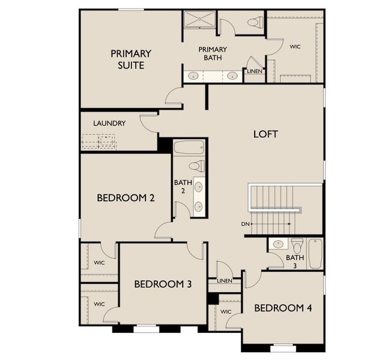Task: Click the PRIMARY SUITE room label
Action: [x=131, y=59]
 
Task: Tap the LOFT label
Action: [x=265, y=134]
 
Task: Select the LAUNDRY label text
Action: [x=109, y=124]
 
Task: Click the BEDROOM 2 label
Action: [x=126, y=197]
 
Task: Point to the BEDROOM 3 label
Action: [x=163, y=284]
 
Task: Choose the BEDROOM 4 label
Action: [x=283, y=308]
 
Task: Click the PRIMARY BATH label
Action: [x=213, y=53]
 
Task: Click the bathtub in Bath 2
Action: [x=189, y=148]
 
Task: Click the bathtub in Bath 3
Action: [x=315, y=253]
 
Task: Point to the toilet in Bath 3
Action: [x=297, y=246]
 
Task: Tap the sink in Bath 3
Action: [x=278, y=244]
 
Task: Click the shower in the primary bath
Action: [x=196, y=19]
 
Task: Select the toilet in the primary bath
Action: [x=255, y=23]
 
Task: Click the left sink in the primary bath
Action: [x=194, y=76]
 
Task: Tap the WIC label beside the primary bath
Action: [x=295, y=46]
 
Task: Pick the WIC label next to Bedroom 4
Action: [x=226, y=312]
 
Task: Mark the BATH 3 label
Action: [x=299, y=262]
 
